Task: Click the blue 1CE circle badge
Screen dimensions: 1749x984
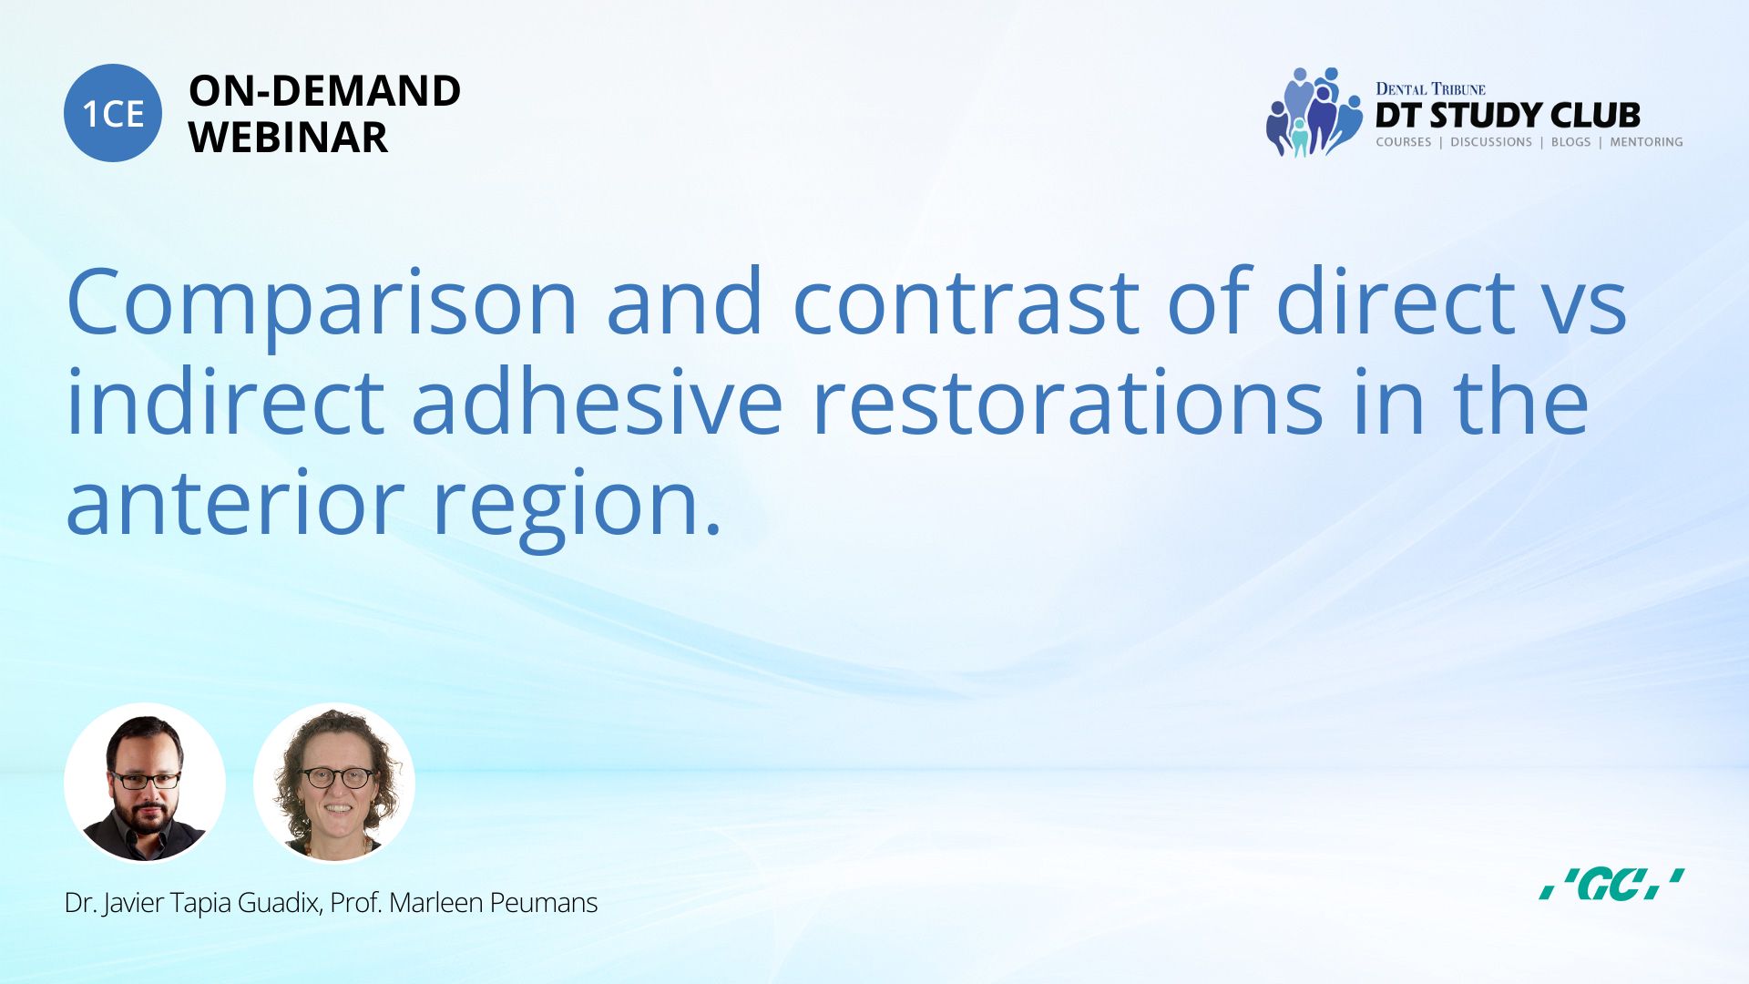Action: coord(113,113)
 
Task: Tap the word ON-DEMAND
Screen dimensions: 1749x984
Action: coord(324,91)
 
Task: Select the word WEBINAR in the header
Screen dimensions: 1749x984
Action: coord(288,138)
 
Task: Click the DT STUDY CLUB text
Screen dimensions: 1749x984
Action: coord(1508,116)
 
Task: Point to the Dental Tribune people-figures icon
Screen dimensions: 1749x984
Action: coord(1314,112)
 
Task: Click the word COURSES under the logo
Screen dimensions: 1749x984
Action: coord(1403,142)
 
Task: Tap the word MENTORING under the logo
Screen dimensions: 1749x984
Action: coord(1646,142)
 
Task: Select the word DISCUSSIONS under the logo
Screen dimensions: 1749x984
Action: coord(1491,142)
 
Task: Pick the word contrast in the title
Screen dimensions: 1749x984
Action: coord(966,302)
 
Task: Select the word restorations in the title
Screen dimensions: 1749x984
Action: coord(1067,401)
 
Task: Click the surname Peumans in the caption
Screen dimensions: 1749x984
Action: coord(544,903)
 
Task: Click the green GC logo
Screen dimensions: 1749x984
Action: coord(1611,884)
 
